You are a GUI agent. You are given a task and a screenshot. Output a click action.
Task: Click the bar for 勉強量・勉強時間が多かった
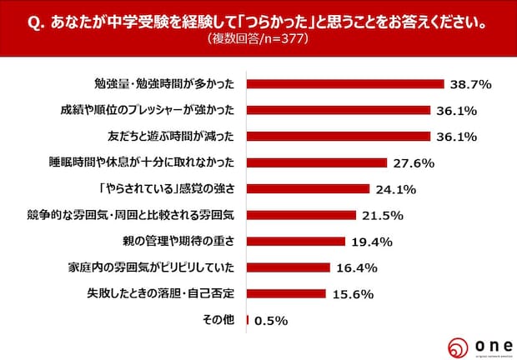[345, 83]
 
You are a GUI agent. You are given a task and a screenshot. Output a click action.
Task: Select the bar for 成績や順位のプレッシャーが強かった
[339, 110]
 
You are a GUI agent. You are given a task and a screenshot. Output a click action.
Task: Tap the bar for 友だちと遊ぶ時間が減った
[339, 136]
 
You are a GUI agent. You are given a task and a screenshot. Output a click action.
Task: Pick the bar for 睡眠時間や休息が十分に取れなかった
[317, 162]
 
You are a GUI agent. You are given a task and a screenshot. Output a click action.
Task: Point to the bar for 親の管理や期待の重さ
[296, 242]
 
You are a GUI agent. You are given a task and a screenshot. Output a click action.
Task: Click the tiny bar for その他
[248, 320]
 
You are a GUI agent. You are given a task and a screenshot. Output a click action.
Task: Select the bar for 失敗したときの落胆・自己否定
[286, 294]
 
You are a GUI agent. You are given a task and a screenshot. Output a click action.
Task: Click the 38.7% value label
[469, 83]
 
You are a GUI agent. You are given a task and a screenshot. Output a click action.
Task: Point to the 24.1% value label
[395, 189]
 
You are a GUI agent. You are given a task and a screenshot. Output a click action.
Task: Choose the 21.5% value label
[382, 216]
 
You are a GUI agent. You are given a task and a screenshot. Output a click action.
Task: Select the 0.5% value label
[270, 321]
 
